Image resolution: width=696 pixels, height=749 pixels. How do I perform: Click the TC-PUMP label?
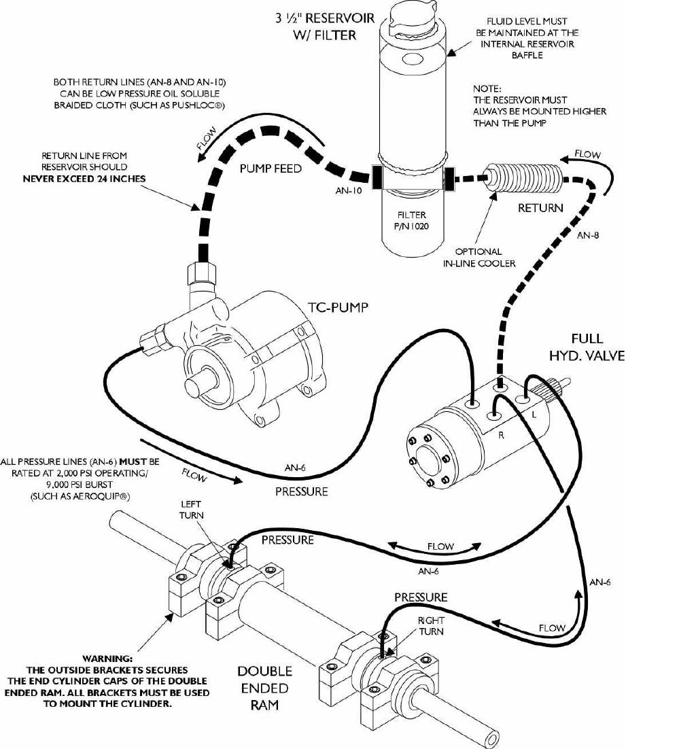[338, 307]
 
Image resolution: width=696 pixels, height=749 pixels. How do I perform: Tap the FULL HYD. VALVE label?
[588, 347]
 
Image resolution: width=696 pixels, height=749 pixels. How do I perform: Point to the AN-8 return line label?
[588, 236]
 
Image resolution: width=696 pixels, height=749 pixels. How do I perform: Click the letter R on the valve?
[501, 436]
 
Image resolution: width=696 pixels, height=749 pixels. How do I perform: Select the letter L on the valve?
[534, 413]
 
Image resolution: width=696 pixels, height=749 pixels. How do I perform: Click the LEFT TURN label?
[191, 510]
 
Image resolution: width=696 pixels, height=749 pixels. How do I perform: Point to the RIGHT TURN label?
[430, 626]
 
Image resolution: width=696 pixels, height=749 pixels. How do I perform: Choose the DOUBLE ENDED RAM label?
[264, 688]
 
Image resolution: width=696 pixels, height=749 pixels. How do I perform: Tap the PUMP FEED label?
[270, 169]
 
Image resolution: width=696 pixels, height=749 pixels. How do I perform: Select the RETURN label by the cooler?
[540, 208]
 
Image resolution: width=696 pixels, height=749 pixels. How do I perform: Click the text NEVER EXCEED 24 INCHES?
[84, 178]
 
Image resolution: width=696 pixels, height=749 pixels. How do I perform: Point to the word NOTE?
[487, 88]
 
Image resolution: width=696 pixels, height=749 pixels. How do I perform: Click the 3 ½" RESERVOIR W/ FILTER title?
[325, 27]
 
